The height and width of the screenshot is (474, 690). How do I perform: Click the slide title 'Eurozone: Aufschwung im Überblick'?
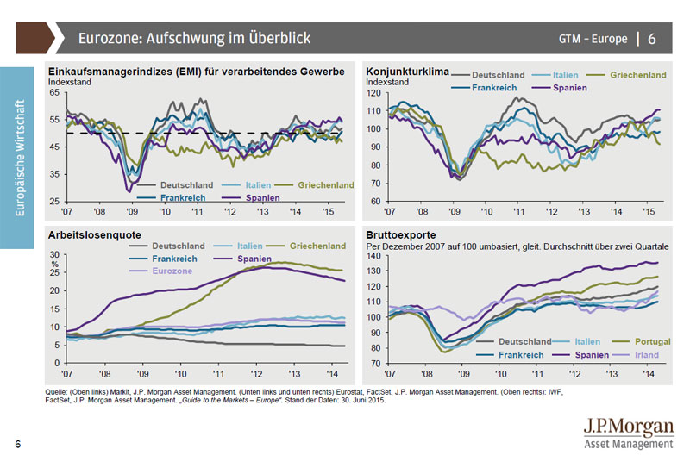[193, 38]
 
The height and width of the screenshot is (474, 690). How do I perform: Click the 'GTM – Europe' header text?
[593, 39]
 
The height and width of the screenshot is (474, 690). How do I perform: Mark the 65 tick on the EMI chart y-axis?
[54, 91]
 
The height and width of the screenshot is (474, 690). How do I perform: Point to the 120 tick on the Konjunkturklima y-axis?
[373, 92]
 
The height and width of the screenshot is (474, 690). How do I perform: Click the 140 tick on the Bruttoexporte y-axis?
[373, 255]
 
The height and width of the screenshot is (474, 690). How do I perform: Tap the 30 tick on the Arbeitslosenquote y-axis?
[56, 255]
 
